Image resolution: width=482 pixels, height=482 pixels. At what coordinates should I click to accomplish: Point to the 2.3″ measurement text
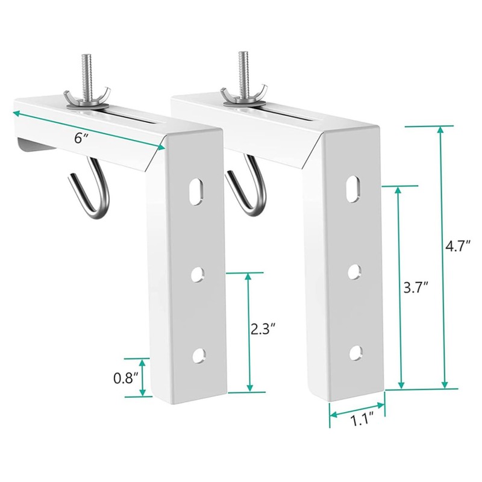tap(263, 329)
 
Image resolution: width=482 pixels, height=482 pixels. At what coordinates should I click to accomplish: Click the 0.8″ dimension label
tap(126, 378)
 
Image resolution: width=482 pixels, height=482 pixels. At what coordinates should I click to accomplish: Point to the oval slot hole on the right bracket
tap(354, 188)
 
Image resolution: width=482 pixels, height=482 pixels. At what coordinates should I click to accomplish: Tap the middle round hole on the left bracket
tap(197, 274)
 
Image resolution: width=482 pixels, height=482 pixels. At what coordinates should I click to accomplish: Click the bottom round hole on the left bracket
tap(197, 356)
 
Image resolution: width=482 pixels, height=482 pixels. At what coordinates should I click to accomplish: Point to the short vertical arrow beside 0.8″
tap(143, 378)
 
